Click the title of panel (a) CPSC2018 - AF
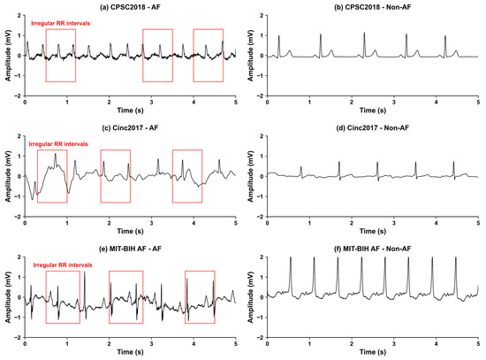pyautogui.click(x=130, y=7)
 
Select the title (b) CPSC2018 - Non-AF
pyautogui.click(x=373, y=7)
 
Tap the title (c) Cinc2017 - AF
pyautogui.click(x=130, y=127)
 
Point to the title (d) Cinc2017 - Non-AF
pyautogui.click(x=373, y=127)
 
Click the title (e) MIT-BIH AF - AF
pyautogui.click(x=130, y=249)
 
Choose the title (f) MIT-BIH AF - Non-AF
pyautogui.click(x=373, y=249)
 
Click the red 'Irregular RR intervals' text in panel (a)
pyautogui.click(x=60, y=23)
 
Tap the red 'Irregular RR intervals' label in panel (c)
pyautogui.click(x=58, y=144)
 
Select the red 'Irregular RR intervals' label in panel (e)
pyautogui.click(x=63, y=265)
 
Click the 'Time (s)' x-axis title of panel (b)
pyautogui.click(x=373, y=111)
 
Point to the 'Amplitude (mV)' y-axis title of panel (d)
pyautogui.click(x=250, y=176)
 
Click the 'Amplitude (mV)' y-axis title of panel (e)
pyautogui.click(x=8, y=297)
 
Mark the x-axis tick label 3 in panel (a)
pyautogui.click(x=151, y=102)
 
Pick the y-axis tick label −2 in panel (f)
pyautogui.click(x=261, y=338)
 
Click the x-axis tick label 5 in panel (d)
pyautogui.click(x=478, y=223)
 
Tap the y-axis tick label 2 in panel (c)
pyautogui.click(x=19, y=136)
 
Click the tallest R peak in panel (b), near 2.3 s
pyautogui.click(x=364, y=33)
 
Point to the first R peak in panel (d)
pyautogui.click(x=301, y=167)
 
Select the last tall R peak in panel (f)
pyautogui.click(x=456, y=257)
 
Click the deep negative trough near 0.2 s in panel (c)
pyautogui.click(x=32, y=200)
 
